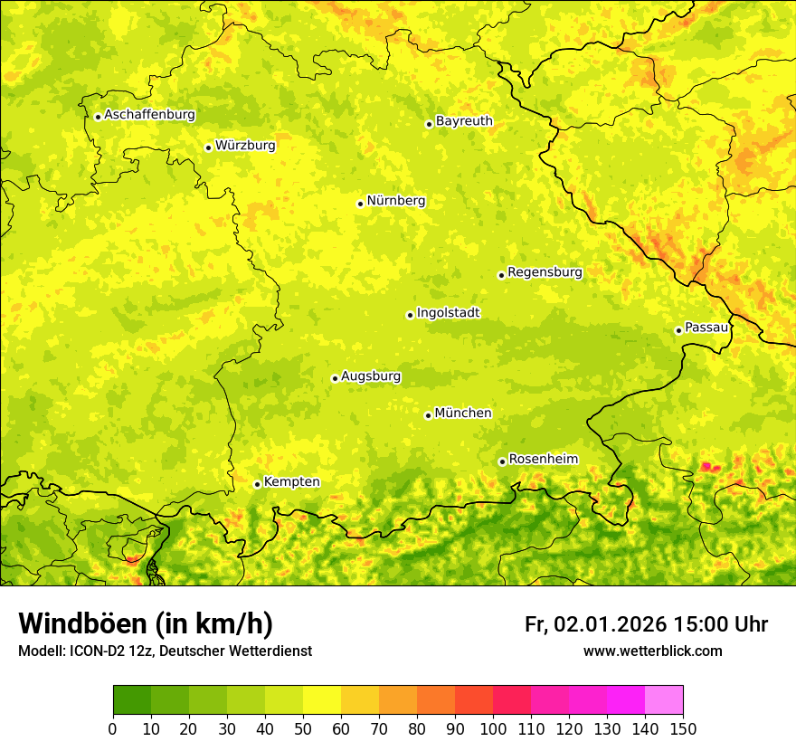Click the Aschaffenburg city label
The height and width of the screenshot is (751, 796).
(x=149, y=115)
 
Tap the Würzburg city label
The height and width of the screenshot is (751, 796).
(x=245, y=146)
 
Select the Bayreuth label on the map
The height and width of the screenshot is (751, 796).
(x=464, y=121)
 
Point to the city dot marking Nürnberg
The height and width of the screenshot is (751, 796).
(x=360, y=204)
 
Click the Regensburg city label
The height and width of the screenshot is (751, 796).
(x=545, y=272)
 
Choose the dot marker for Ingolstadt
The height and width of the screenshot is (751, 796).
(x=410, y=316)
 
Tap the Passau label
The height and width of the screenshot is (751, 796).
(x=706, y=328)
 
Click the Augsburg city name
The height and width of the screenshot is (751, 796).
(x=371, y=376)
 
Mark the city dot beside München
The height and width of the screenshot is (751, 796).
(x=428, y=415)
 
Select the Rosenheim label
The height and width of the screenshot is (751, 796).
(x=543, y=460)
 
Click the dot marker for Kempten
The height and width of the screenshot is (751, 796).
(x=257, y=484)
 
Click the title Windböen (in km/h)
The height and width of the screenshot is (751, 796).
(x=146, y=624)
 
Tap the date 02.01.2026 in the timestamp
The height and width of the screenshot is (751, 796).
(x=611, y=624)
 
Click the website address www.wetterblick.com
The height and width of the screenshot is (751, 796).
(x=652, y=651)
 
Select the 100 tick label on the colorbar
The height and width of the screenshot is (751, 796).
(x=493, y=728)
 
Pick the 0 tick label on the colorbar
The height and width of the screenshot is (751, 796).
(x=113, y=728)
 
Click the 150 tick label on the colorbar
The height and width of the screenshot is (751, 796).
(x=683, y=728)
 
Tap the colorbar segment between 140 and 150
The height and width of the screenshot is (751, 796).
(x=664, y=700)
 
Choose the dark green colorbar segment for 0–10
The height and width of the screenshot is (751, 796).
(x=132, y=700)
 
